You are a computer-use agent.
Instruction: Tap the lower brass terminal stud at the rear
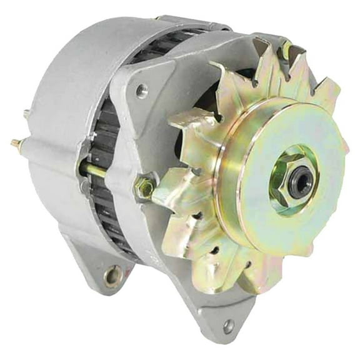(16, 144)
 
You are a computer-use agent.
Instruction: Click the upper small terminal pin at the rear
(26, 114)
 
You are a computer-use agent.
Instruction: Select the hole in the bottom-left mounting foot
(113, 274)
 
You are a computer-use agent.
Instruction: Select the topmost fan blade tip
(262, 47)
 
